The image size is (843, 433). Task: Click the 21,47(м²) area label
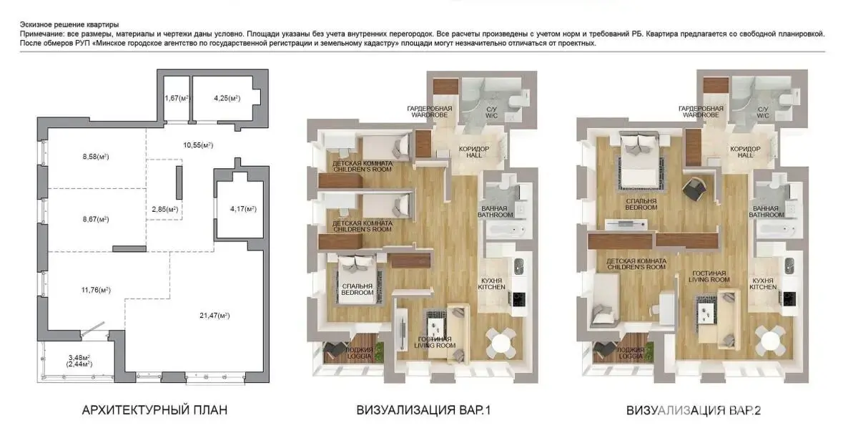tap(215, 315)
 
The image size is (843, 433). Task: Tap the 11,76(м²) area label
tap(96, 290)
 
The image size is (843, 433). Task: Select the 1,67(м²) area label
tap(177, 98)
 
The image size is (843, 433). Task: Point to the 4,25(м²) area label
tap(227, 98)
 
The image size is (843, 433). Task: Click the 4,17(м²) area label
tap(243, 209)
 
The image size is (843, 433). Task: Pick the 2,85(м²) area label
tap(164, 209)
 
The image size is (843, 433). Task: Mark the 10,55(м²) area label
tap(198, 145)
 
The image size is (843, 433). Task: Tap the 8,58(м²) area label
tap(96, 157)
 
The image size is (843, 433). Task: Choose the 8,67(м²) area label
tap(96, 219)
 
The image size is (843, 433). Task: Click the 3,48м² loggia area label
tap(79, 357)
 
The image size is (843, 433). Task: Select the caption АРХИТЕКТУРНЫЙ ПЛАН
tap(155, 410)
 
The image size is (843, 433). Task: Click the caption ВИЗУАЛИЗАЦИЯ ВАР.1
tap(424, 410)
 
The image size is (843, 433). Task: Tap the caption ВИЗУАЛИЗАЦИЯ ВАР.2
tap(694, 411)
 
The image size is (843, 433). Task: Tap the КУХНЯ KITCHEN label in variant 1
tap(492, 284)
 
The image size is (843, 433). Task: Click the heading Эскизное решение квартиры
tap(69, 25)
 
